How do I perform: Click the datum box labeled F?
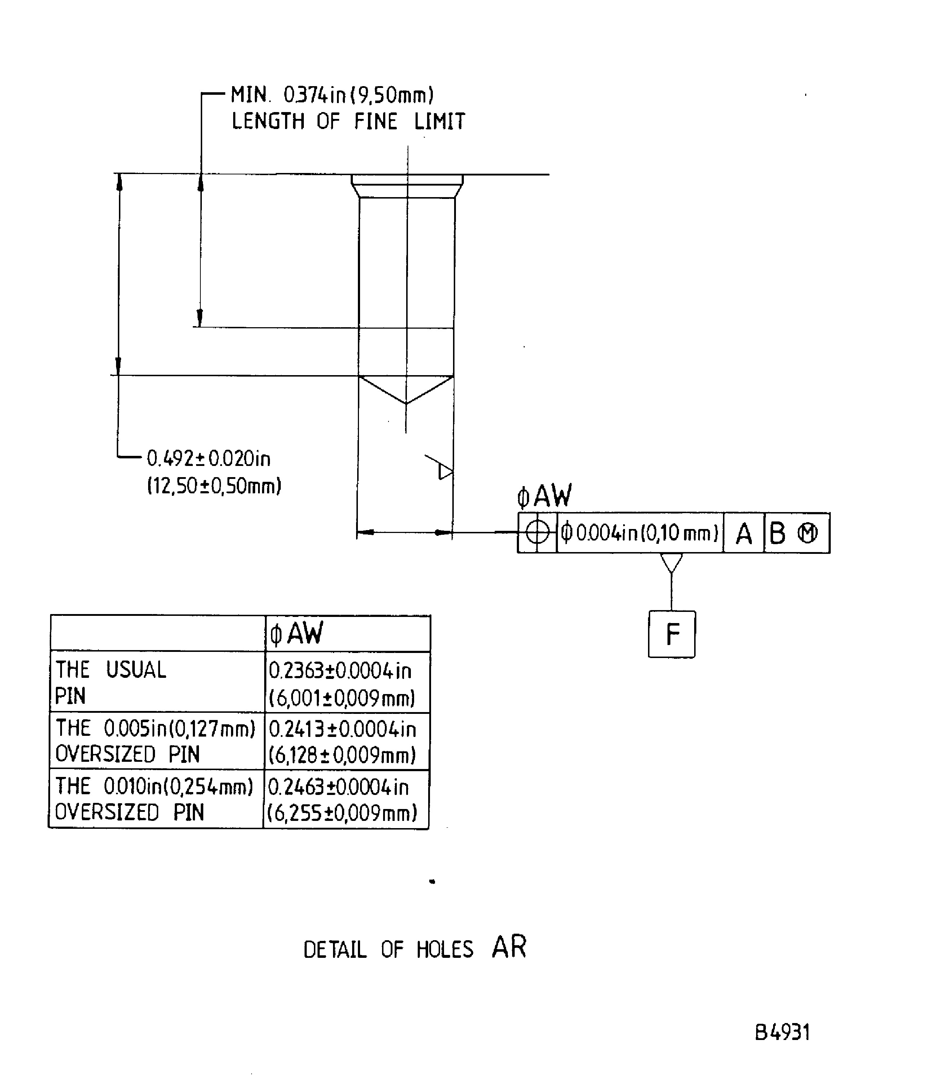click(671, 634)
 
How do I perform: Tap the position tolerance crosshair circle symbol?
click(537, 533)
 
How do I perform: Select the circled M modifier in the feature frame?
click(807, 534)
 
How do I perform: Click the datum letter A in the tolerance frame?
click(744, 534)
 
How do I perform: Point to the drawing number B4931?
click(782, 1032)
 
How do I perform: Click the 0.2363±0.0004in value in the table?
click(340, 671)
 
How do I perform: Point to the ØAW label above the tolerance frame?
click(544, 496)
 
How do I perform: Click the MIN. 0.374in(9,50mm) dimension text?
click(332, 95)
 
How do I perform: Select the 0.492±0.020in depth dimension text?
click(208, 459)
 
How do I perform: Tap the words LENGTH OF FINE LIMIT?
click(349, 121)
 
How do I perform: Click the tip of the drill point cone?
click(406, 404)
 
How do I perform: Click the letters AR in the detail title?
click(509, 947)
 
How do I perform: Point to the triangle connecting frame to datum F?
click(671, 563)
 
